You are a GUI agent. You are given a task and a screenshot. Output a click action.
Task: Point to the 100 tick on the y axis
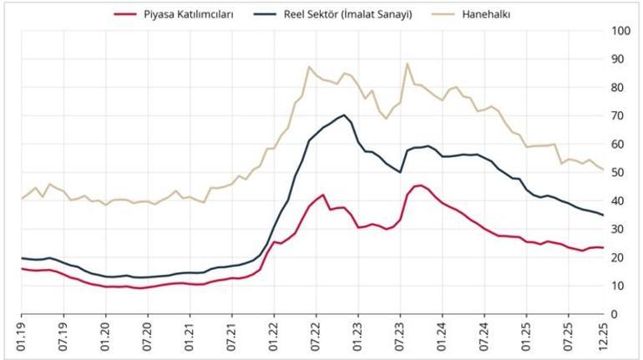click(x=620, y=31)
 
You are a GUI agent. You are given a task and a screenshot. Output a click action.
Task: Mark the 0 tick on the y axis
click(x=615, y=313)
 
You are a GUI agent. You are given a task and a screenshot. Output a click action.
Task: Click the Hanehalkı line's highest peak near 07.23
click(x=408, y=63)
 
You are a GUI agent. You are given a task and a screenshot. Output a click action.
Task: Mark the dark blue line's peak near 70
click(x=344, y=115)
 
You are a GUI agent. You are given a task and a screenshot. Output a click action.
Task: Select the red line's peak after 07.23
click(x=420, y=185)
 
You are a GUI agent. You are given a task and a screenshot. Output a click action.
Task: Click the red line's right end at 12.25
click(x=603, y=247)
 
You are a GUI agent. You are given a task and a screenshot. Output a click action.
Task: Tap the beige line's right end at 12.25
click(x=603, y=170)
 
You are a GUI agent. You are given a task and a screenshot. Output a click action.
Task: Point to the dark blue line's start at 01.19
click(x=22, y=258)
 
